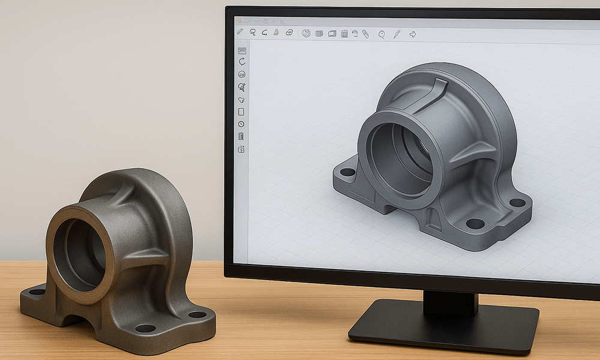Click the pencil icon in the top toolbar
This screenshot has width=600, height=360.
pos(240,32)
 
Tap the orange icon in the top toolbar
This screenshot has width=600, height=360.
pos(276,32)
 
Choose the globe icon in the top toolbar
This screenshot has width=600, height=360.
pos(306,34)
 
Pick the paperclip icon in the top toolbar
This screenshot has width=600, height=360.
pos(365,34)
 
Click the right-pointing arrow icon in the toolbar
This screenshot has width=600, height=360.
pos(413,34)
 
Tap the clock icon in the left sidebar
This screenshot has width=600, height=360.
pos(241,124)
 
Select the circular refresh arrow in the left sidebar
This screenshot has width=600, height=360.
pos(242,61)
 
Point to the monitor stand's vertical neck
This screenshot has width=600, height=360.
pos(450,302)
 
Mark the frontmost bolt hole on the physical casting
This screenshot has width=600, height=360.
pos(145,328)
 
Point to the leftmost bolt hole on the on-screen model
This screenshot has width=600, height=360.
pos(347,172)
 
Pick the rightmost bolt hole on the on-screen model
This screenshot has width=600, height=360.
pos(517,203)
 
